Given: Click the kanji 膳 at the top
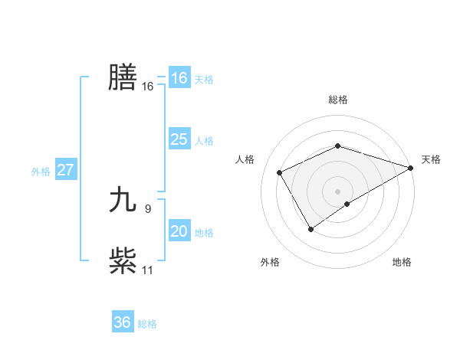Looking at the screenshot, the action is [x=123, y=77].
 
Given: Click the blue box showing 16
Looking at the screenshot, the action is [x=179, y=78].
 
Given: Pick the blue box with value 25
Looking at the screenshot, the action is [x=179, y=139].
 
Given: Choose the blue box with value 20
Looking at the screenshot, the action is [x=179, y=231].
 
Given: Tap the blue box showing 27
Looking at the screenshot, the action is [x=65, y=170].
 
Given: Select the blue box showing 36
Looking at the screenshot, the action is [x=122, y=322].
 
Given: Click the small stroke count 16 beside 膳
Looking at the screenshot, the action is [x=147, y=87].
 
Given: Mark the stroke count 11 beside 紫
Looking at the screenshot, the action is [x=147, y=270].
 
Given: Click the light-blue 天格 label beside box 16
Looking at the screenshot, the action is [x=204, y=80].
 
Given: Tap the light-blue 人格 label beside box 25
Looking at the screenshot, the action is [x=204, y=141].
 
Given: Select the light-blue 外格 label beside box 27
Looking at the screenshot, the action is [x=41, y=172].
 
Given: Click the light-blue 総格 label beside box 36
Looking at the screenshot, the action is [x=147, y=324].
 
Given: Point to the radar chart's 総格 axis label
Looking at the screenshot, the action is [x=337, y=100].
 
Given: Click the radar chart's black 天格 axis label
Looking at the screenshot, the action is [x=431, y=159].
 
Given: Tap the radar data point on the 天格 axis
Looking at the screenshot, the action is [x=411, y=167].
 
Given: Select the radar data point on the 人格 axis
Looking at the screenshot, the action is [x=280, y=172].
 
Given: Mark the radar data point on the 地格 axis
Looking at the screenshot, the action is [x=347, y=204].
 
